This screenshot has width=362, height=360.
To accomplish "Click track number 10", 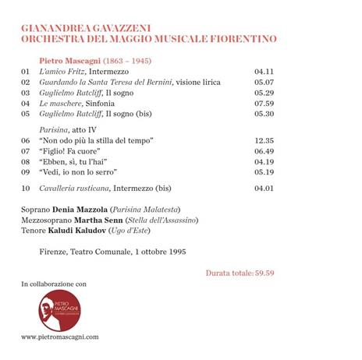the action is coord(26,188).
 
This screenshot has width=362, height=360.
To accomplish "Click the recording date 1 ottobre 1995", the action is coord(165,252).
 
